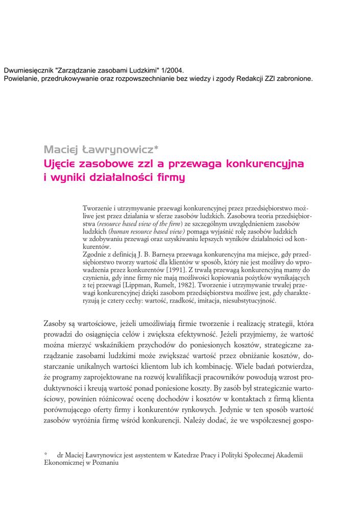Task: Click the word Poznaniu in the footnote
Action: point(104,462)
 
